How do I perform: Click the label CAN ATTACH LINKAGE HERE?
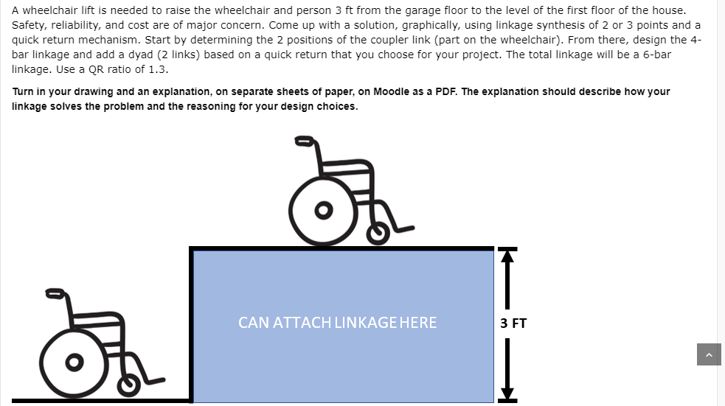(337, 322)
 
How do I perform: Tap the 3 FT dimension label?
(513, 323)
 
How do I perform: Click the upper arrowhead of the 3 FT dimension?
(506, 256)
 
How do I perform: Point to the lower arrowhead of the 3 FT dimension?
(506, 392)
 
